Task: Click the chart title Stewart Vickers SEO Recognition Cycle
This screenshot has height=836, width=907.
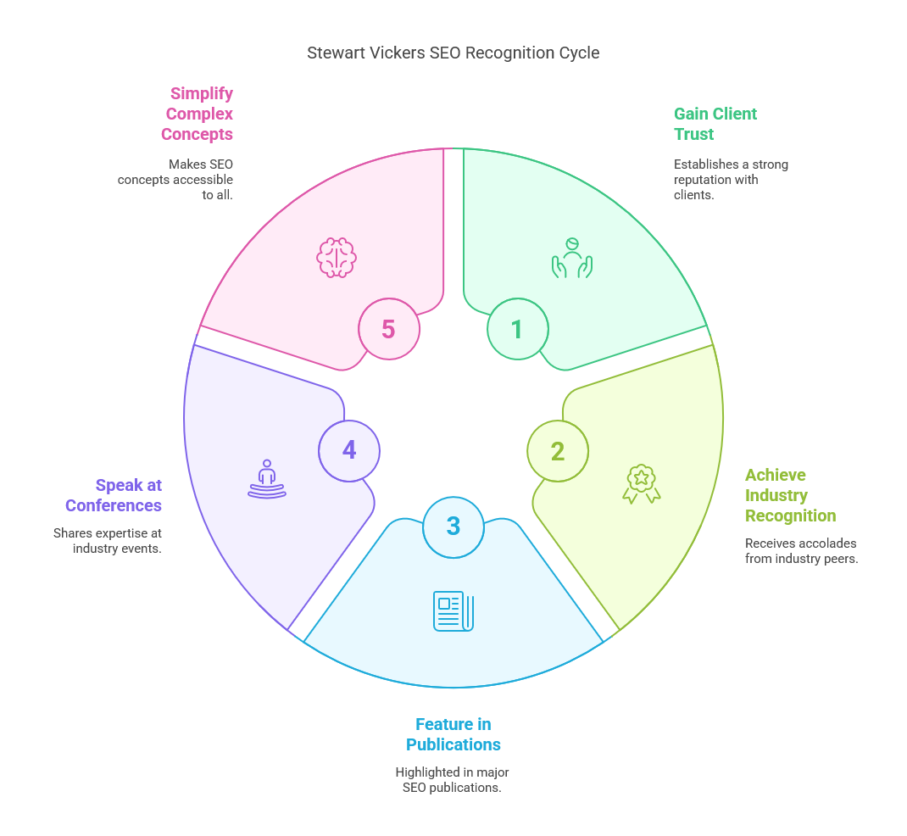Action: (x=453, y=53)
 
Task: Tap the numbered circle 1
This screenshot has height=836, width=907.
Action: (x=517, y=329)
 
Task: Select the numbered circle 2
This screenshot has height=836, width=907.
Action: (x=558, y=451)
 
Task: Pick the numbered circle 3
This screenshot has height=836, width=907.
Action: (x=453, y=527)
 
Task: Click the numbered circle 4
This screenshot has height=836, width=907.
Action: (x=349, y=450)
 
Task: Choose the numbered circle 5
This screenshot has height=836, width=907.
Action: (x=389, y=329)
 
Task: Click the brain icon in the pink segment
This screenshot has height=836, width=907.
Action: (x=337, y=258)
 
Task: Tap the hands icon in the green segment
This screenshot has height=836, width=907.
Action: (x=571, y=258)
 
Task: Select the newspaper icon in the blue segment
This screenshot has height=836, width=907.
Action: (x=453, y=610)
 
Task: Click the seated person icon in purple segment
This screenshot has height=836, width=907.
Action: (x=267, y=479)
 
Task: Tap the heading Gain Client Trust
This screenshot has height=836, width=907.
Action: (x=715, y=124)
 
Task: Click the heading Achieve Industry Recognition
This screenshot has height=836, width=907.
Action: (x=790, y=495)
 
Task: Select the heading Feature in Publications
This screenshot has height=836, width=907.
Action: (x=453, y=734)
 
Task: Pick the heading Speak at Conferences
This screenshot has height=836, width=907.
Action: (x=114, y=495)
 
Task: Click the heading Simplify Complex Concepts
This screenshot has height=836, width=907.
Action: (x=198, y=114)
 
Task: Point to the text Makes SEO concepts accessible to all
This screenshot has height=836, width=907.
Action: (x=175, y=179)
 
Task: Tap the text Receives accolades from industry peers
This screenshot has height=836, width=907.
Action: (x=801, y=550)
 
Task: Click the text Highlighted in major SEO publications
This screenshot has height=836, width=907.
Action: (x=453, y=780)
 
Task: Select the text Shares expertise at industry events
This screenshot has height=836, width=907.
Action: (x=108, y=541)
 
